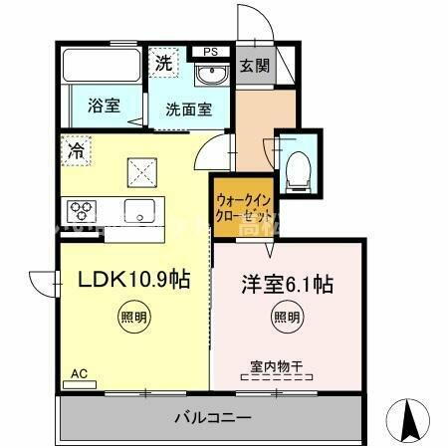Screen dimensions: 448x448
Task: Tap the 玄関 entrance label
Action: coord(255,66)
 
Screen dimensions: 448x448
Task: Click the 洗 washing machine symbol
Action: coord(163,63)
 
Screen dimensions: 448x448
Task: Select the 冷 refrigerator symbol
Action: coord(76,151)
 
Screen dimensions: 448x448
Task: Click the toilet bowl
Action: coord(296,172)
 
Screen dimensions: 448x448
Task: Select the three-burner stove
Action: coord(82,209)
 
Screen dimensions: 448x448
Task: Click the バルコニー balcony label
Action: coord(215,415)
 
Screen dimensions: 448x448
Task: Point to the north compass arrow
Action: coord(409,418)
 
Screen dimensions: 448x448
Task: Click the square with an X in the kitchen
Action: coord(140,174)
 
